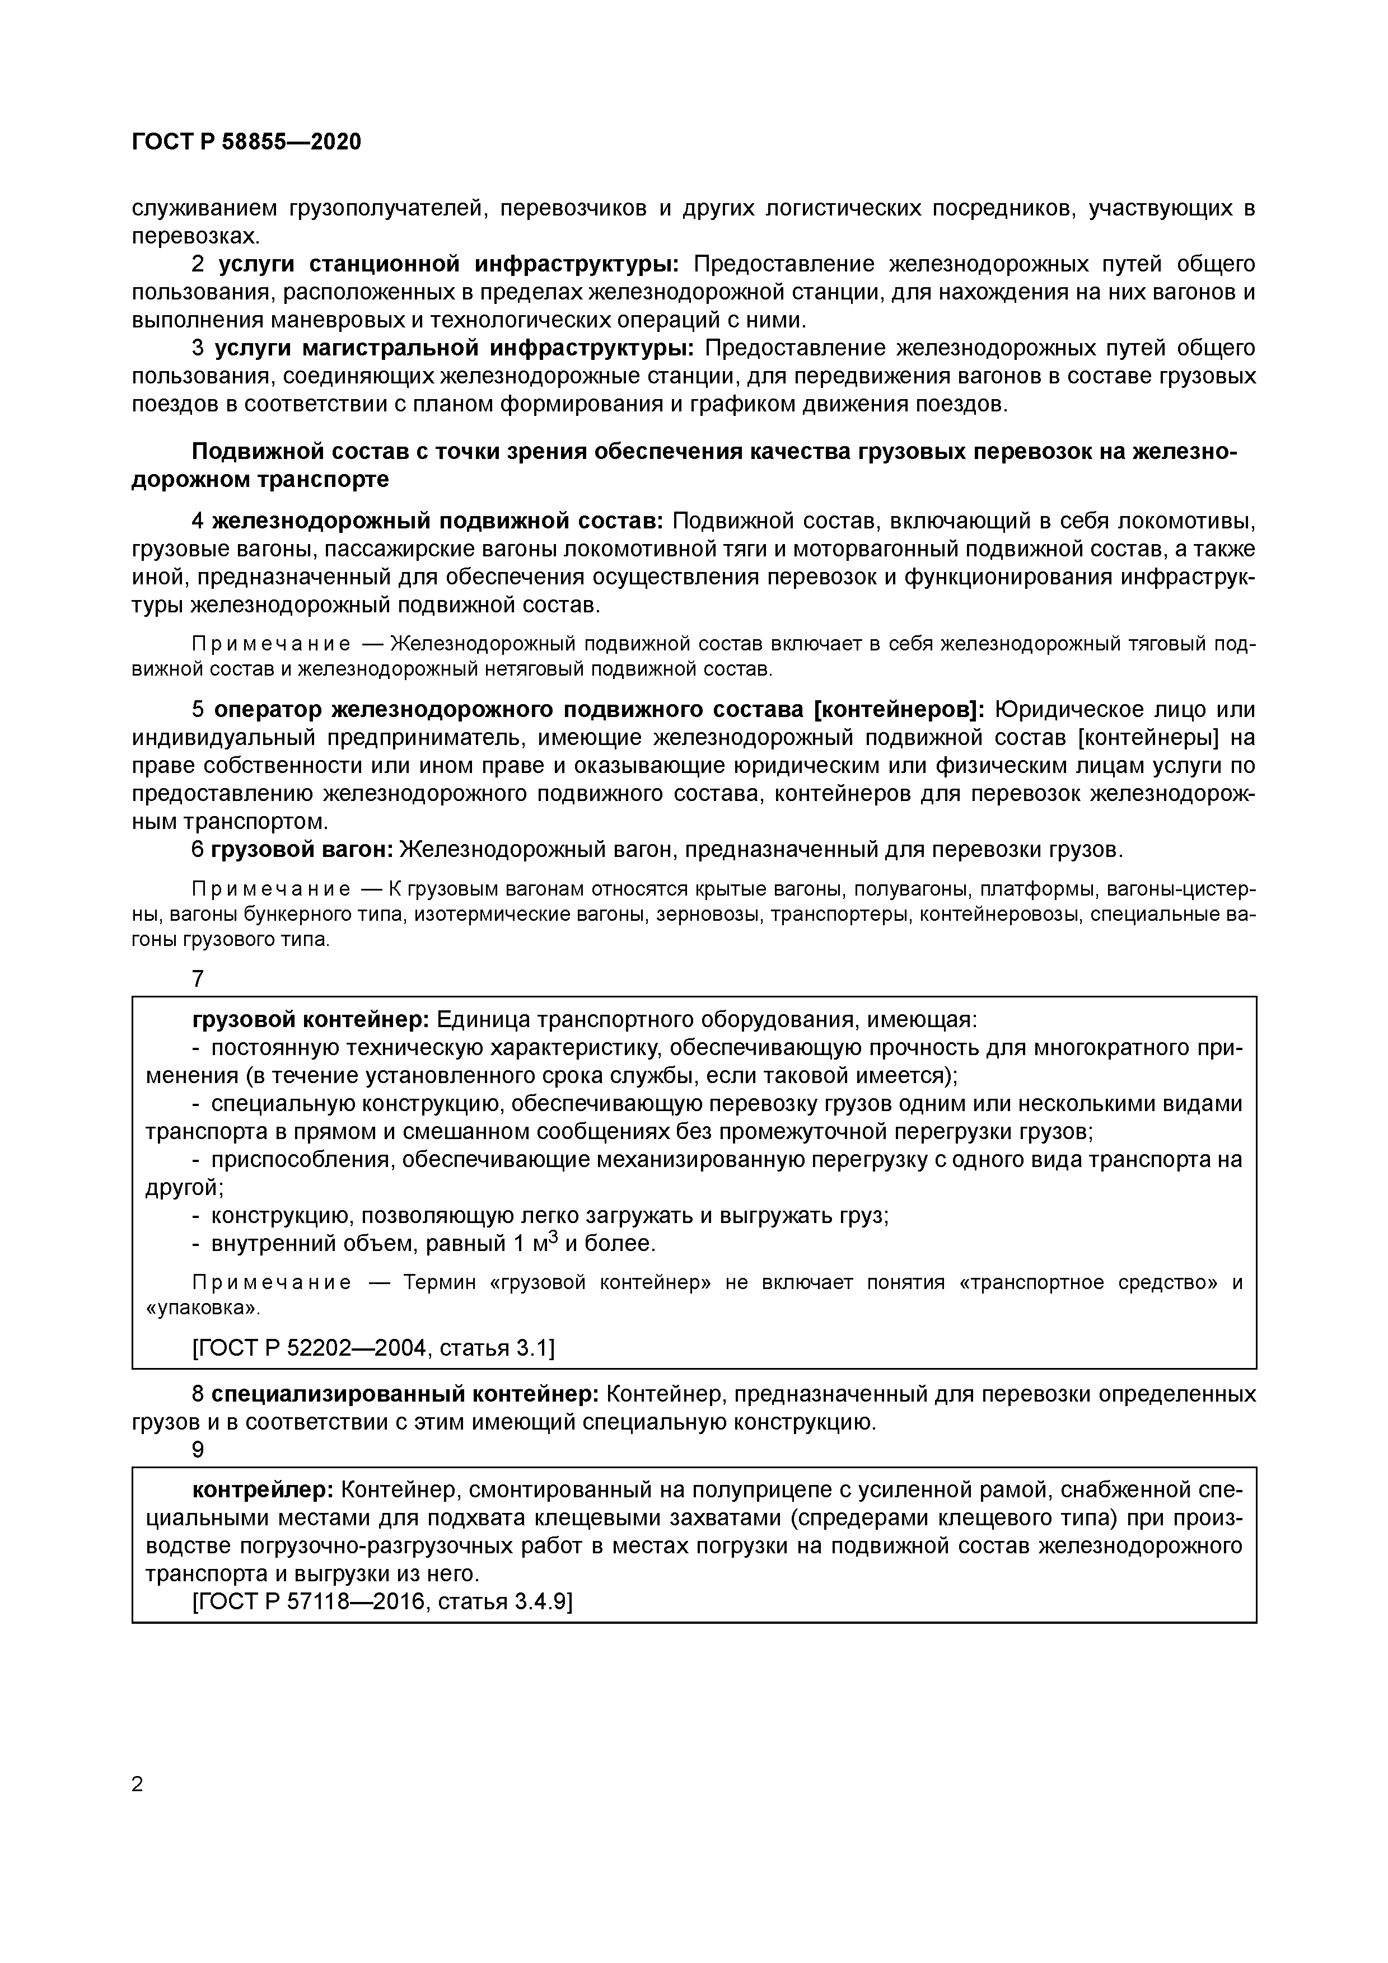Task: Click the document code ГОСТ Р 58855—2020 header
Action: pos(246,142)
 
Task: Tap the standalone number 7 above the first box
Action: pos(198,979)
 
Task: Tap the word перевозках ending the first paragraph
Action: pos(193,236)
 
